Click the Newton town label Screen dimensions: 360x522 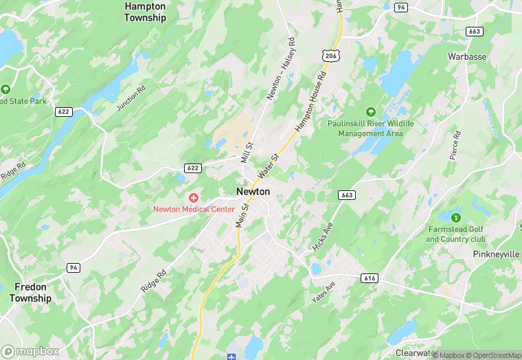[x=253, y=192]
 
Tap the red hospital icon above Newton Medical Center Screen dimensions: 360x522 [x=194, y=198]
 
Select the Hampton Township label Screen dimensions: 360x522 [x=145, y=12]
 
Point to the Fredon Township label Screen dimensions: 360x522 [x=30, y=293]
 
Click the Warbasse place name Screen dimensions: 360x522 [x=468, y=56]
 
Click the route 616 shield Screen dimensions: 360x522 [x=370, y=277]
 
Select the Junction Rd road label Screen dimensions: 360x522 [x=132, y=98]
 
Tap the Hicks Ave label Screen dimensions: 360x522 [x=321, y=237]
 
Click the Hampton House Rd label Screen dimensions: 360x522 [x=308, y=110]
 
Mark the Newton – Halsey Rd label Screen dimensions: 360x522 [x=280, y=78]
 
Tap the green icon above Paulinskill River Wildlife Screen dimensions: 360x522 [x=371, y=112]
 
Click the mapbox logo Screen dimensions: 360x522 [x=30, y=351]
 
